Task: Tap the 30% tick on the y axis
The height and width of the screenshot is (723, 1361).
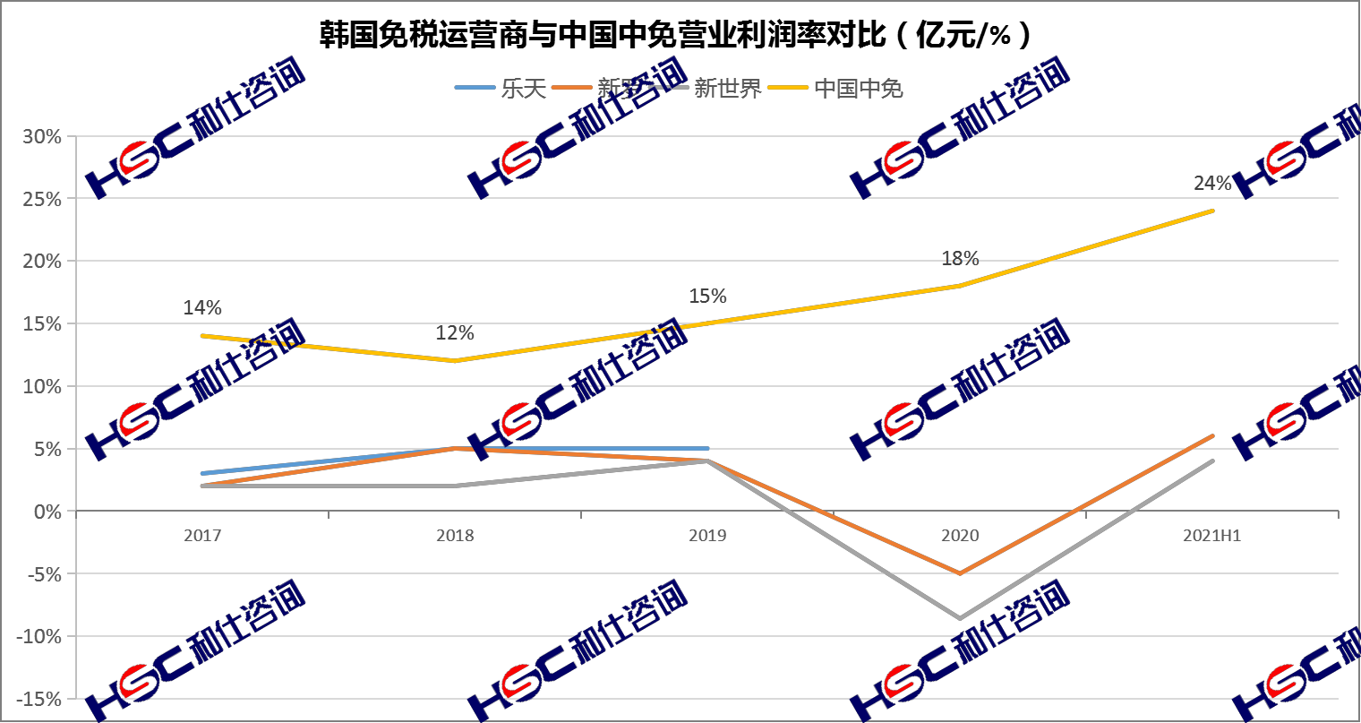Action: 43,137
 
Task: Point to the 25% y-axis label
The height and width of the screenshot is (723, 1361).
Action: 43,199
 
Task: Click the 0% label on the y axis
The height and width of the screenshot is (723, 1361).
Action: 48,512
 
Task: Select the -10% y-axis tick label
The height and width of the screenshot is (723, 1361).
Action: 39,636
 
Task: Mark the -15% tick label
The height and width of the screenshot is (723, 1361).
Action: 39,699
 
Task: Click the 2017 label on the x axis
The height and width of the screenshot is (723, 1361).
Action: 202,536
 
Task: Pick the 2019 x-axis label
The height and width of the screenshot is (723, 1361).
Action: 707,536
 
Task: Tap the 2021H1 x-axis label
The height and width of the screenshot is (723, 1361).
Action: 1212,536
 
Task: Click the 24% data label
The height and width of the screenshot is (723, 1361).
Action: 1212,184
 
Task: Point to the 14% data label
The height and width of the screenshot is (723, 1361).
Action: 202,308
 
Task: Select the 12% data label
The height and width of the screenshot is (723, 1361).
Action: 455,333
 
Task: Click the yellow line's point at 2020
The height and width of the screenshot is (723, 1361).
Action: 960,286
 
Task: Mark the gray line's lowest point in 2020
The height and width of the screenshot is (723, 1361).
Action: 960,618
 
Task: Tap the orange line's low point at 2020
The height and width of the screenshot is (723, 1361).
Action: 960,573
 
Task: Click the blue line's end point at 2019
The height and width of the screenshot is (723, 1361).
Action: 707,448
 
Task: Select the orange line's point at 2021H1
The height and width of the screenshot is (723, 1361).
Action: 1212,436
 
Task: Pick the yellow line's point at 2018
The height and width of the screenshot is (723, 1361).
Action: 455,361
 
